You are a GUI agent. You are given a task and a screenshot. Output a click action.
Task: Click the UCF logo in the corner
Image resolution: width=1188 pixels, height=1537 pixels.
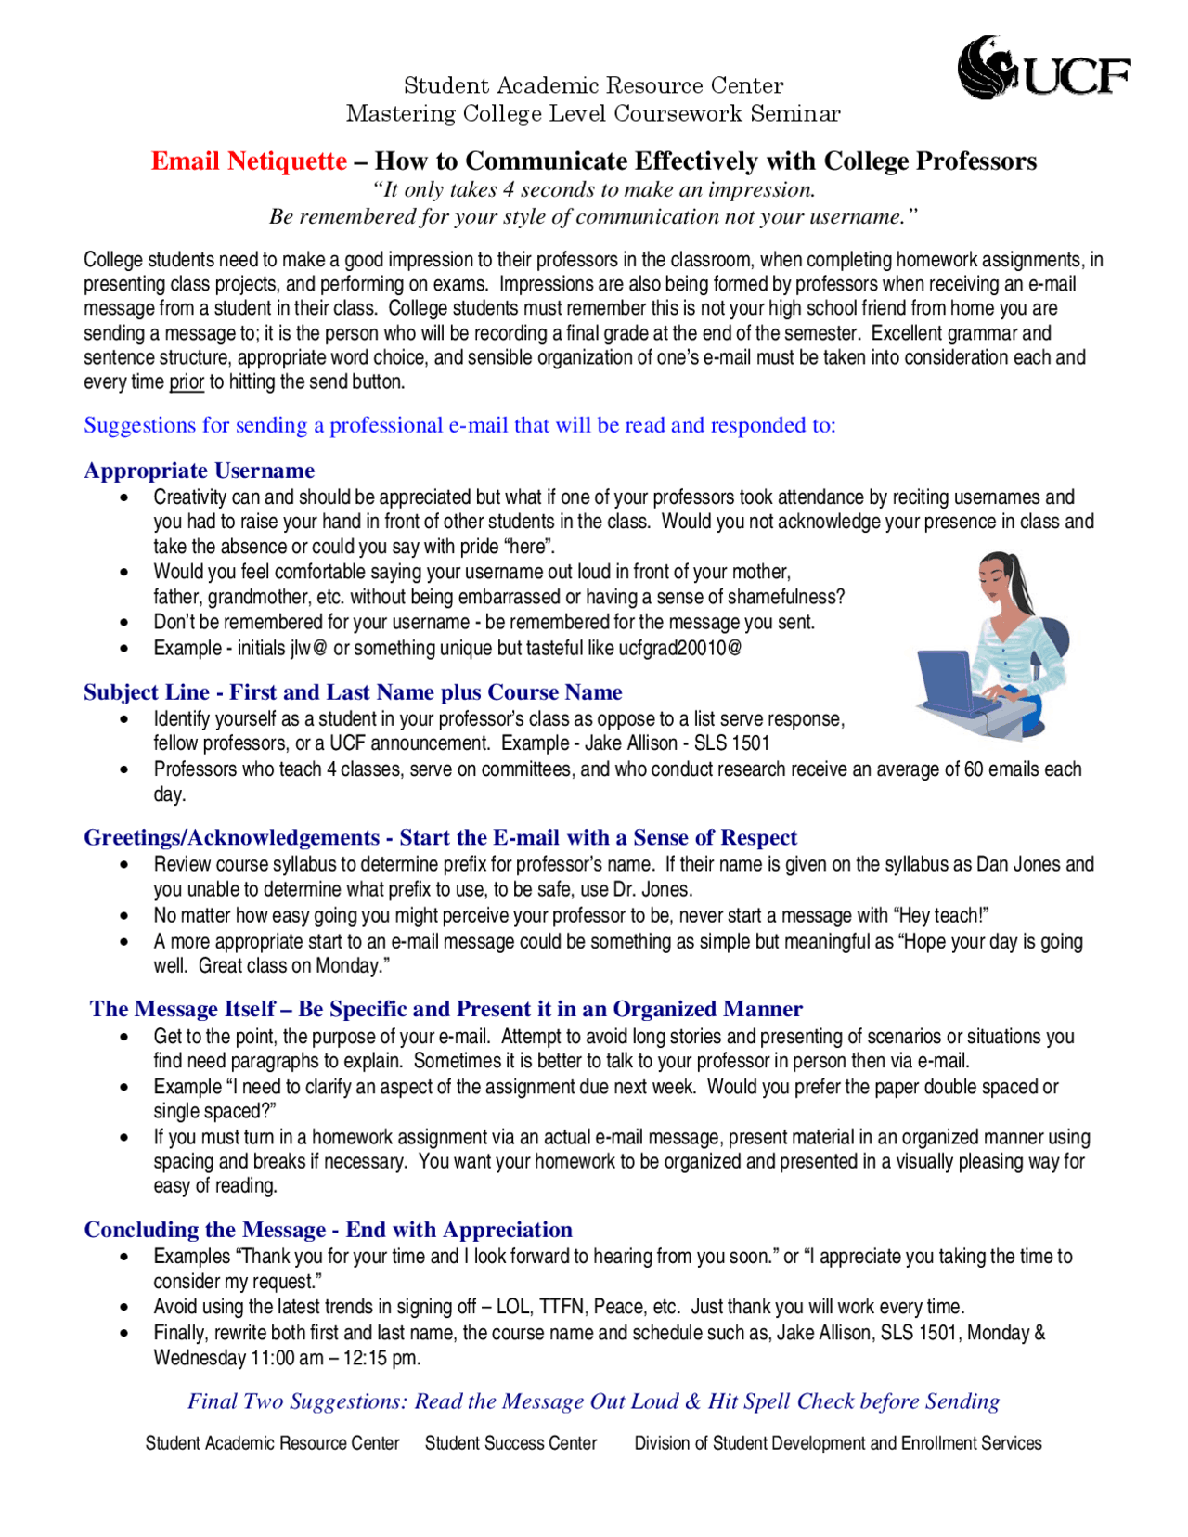tap(1043, 69)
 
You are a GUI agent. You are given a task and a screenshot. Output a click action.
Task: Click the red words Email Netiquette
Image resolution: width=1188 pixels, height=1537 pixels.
tap(249, 161)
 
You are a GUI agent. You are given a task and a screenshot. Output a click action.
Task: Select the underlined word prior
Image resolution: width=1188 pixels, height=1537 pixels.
tap(187, 382)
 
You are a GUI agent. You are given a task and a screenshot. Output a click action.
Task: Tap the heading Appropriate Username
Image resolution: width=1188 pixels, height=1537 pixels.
tap(199, 471)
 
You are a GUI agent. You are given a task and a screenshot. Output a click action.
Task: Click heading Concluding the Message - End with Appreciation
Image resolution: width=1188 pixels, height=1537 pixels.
tap(328, 1230)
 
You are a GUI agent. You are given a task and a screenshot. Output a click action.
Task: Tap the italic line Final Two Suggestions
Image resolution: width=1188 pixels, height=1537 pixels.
tap(593, 1401)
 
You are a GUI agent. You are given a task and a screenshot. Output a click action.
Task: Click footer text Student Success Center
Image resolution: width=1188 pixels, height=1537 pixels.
tap(510, 1443)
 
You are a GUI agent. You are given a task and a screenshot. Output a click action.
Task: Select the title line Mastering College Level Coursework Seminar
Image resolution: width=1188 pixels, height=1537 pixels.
tap(593, 114)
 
